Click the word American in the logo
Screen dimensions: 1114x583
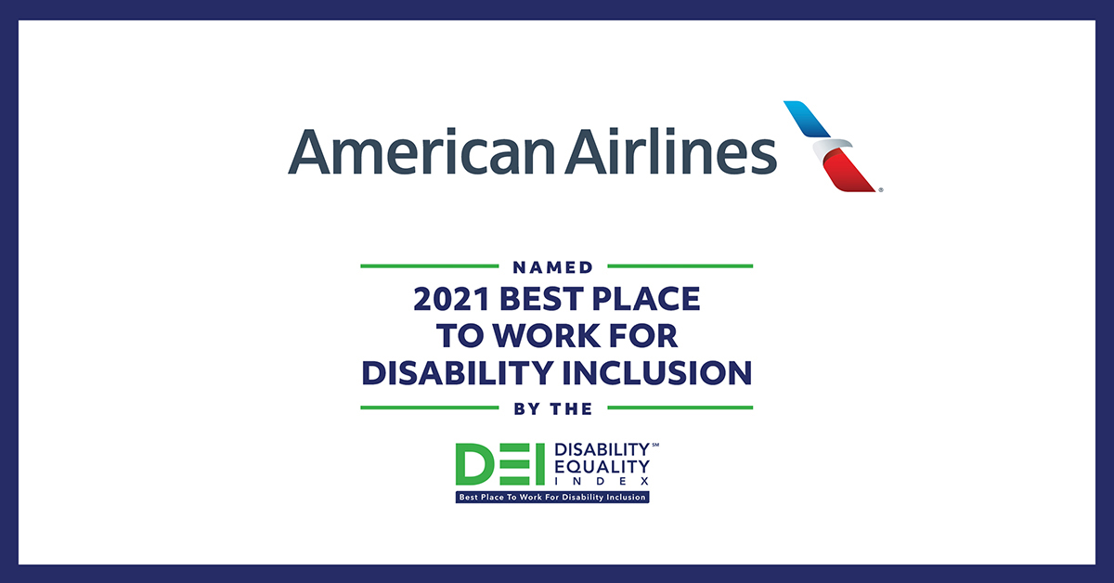(x=421, y=151)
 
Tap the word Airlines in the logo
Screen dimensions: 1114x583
(x=670, y=150)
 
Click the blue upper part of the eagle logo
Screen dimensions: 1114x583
(x=807, y=119)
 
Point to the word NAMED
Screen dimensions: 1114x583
(x=553, y=267)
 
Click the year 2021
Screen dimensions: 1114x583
(x=451, y=299)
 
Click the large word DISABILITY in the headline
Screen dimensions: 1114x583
(x=458, y=373)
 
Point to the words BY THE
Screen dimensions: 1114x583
(x=553, y=408)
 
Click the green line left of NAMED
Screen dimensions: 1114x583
(x=430, y=266)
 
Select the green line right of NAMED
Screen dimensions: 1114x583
(x=680, y=266)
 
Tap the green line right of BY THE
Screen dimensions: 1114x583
(x=680, y=408)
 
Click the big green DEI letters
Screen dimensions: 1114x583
(x=500, y=464)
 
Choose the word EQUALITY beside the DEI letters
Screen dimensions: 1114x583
(x=602, y=467)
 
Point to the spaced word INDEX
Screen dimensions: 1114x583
(x=602, y=482)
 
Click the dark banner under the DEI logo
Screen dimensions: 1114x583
(x=552, y=497)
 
